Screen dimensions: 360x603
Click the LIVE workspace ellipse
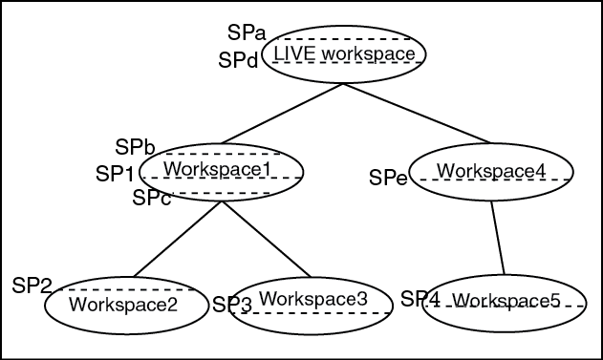[x=344, y=54]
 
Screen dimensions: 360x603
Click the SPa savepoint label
[x=247, y=33]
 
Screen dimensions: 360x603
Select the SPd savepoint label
[x=237, y=60]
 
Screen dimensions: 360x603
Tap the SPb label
[x=136, y=146]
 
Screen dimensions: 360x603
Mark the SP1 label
[x=116, y=174]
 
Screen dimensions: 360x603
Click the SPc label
[x=152, y=198]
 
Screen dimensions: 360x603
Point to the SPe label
[x=388, y=177]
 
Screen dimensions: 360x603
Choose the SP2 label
[x=32, y=285]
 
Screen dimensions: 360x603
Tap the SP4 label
[x=420, y=299]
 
